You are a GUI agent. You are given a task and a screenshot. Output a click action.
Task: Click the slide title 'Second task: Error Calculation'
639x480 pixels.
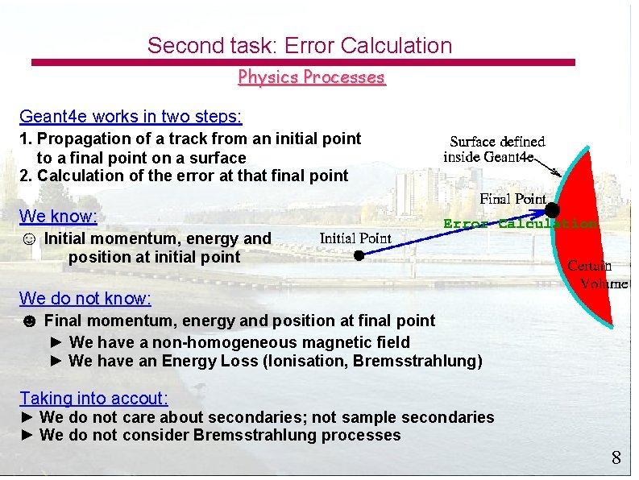pyautogui.click(x=300, y=46)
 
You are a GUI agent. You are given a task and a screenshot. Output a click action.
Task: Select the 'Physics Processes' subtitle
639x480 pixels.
pyautogui.click(x=312, y=77)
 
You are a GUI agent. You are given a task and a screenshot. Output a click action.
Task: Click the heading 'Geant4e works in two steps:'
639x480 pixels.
pyautogui.click(x=131, y=117)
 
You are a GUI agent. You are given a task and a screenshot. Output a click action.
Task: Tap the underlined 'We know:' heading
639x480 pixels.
pyautogui.click(x=58, y=216)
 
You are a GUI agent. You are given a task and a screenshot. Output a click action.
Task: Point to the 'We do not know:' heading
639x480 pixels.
pyautogui.click(x=85, y=299)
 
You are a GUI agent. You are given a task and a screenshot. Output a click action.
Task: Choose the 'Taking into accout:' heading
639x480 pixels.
pyautogui.click(x=93, y=398)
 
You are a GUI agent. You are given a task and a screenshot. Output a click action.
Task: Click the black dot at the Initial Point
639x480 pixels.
pyautogui.click(x=359, y=255)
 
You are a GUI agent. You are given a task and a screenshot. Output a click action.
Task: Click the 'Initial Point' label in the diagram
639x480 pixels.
pyautogui.click(x=355, y=238)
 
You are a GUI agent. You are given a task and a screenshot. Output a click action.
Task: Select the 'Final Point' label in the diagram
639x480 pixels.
pyautogui.click(x=512, y=198)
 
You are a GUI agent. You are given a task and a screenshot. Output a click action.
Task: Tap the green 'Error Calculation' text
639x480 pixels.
pyautogui.click(x=520, y=224)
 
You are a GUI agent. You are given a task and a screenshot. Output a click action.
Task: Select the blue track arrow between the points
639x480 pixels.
pyautogui.click(x=455, y=234)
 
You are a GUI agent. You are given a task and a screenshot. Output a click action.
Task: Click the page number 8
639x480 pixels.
pyautogui.click(x=616, y=458)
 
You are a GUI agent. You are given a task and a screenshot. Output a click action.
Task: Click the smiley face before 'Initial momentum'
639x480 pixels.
pyautogui.click(x=28, y=239)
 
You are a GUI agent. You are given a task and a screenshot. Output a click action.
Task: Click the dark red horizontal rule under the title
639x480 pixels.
pyautogui.click(x=303, y=61)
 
